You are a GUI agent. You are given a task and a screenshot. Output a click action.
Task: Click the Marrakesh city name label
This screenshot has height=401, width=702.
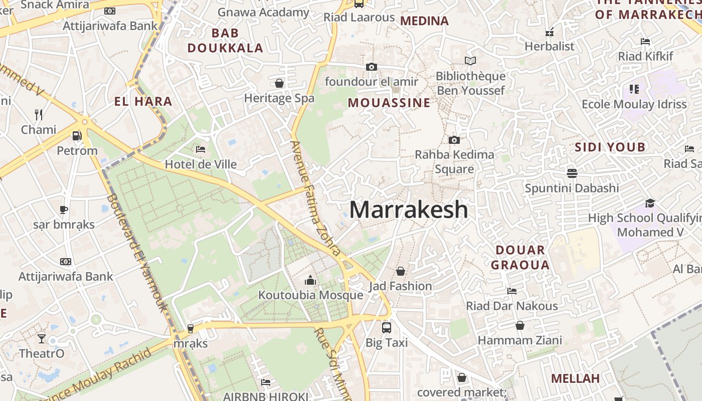(x=409, y=210)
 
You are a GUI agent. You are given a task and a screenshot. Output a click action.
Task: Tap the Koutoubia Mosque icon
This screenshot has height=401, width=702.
(x=310, y=280)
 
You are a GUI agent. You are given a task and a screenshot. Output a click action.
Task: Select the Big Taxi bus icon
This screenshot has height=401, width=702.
(x=386, y=328)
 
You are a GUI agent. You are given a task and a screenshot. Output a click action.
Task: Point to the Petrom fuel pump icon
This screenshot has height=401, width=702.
(x=77, y=136)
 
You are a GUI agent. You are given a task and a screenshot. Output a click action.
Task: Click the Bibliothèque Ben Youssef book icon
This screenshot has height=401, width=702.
(x=470, y=61)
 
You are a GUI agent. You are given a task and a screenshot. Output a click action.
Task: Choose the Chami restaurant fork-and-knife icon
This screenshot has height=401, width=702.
(x=39, y=115)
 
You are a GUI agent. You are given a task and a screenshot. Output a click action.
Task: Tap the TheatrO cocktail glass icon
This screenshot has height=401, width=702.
(x=42, y=339)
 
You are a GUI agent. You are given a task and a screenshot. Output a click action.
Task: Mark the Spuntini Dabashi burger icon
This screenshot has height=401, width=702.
(x=572, y=173)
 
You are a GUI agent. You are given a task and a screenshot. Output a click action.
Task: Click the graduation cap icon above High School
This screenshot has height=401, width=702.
(x=650, y=203)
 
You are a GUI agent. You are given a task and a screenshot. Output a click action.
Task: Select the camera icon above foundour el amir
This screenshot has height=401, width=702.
(x=371, y=67)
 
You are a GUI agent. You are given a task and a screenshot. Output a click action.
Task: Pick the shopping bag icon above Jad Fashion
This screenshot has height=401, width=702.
(x=401, y=271)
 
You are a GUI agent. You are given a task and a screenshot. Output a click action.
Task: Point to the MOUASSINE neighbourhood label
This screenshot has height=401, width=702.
(x=389, y=103)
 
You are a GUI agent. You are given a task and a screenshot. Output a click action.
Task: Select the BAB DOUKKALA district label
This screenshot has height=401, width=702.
(x=225, y=41)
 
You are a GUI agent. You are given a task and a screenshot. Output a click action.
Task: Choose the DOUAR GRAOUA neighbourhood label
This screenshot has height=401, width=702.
(x=520, y=257)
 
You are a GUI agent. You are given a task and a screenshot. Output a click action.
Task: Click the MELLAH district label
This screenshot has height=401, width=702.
(x=575, y=378)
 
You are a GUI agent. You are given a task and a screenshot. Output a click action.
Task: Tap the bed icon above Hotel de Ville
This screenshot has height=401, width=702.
(x=201, y=149)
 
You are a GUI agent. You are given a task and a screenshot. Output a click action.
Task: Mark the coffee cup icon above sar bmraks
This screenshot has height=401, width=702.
(x=64, y=210)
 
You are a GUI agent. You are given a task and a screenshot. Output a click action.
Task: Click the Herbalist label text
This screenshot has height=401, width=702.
(x=549, y=46)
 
